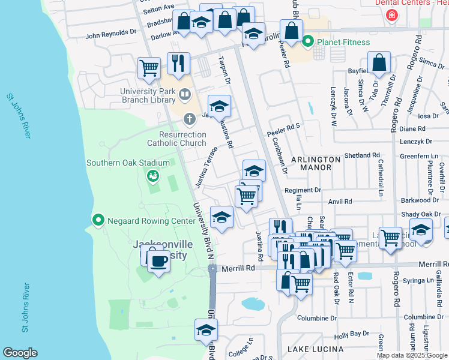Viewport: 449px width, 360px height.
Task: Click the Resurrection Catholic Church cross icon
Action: coord(190,118)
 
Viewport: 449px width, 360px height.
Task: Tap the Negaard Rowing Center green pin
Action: coord(98,220)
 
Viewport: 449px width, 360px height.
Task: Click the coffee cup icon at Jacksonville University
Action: coord(158,261)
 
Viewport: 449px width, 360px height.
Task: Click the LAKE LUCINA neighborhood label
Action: coord(315,349)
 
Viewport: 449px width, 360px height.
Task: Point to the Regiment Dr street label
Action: coord(303,190)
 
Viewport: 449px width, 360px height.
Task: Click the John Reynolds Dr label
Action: coord(111,35)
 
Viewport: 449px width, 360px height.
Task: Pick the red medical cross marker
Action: coord(392,14)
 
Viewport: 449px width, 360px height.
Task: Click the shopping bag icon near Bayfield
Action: coord(379,62)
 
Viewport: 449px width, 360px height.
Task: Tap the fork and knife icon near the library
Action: coord(178,64)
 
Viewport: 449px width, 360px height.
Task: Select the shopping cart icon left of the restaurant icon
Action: coord(149,68)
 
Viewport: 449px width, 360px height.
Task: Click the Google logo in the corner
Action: coord(20,353)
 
